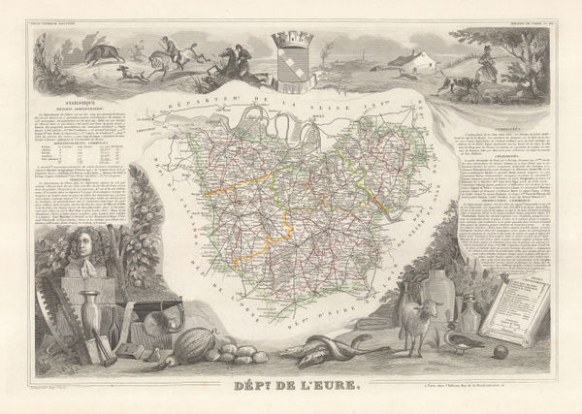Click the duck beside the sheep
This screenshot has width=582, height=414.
point(456,336)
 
